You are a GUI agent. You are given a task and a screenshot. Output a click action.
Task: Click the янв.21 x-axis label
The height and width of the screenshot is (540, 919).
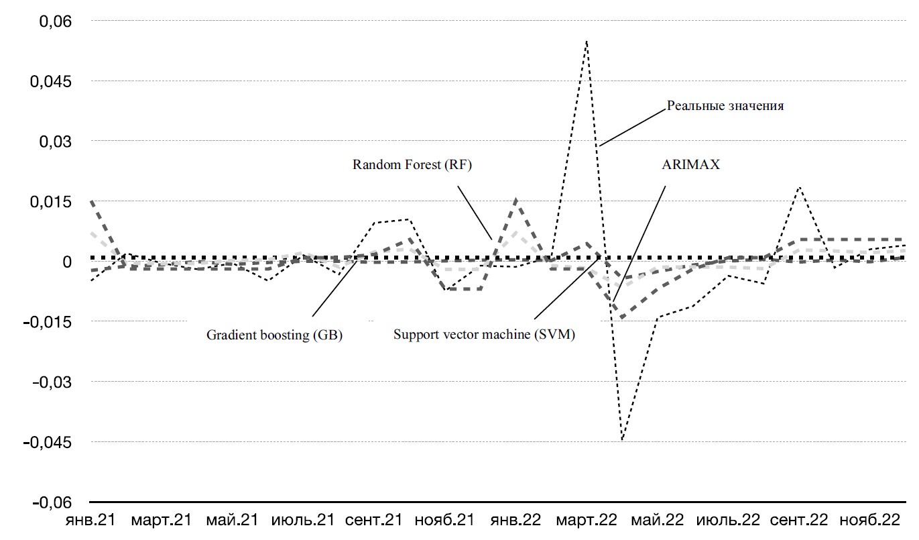click(x=90, y=521)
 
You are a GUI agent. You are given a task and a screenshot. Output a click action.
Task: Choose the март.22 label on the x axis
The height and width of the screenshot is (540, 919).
click(x=587, y=521)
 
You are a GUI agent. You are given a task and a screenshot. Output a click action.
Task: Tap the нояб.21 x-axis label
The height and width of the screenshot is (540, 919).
click(x=444, y=521)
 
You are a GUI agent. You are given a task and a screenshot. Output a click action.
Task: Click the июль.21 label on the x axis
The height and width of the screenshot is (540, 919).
click(x=302, y=521)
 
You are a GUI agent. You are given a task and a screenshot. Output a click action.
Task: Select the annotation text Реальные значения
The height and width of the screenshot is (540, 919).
click(x=725, y=105)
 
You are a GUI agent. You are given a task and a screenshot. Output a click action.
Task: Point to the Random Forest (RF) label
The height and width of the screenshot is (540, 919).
click(x=413, y=165)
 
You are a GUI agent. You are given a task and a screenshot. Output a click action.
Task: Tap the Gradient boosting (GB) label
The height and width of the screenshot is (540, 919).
click(x=274, y=335)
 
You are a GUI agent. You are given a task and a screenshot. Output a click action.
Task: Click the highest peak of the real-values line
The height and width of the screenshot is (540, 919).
click(x=587, y=41)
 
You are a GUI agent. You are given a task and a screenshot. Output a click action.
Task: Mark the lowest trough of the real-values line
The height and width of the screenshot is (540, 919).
click(x=622, y=439)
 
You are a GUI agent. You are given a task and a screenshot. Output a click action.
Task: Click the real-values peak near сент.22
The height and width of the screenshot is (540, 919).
click(x=799, y=187)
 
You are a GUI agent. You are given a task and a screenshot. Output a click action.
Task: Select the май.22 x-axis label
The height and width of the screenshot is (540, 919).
click(x=658, y=521)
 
